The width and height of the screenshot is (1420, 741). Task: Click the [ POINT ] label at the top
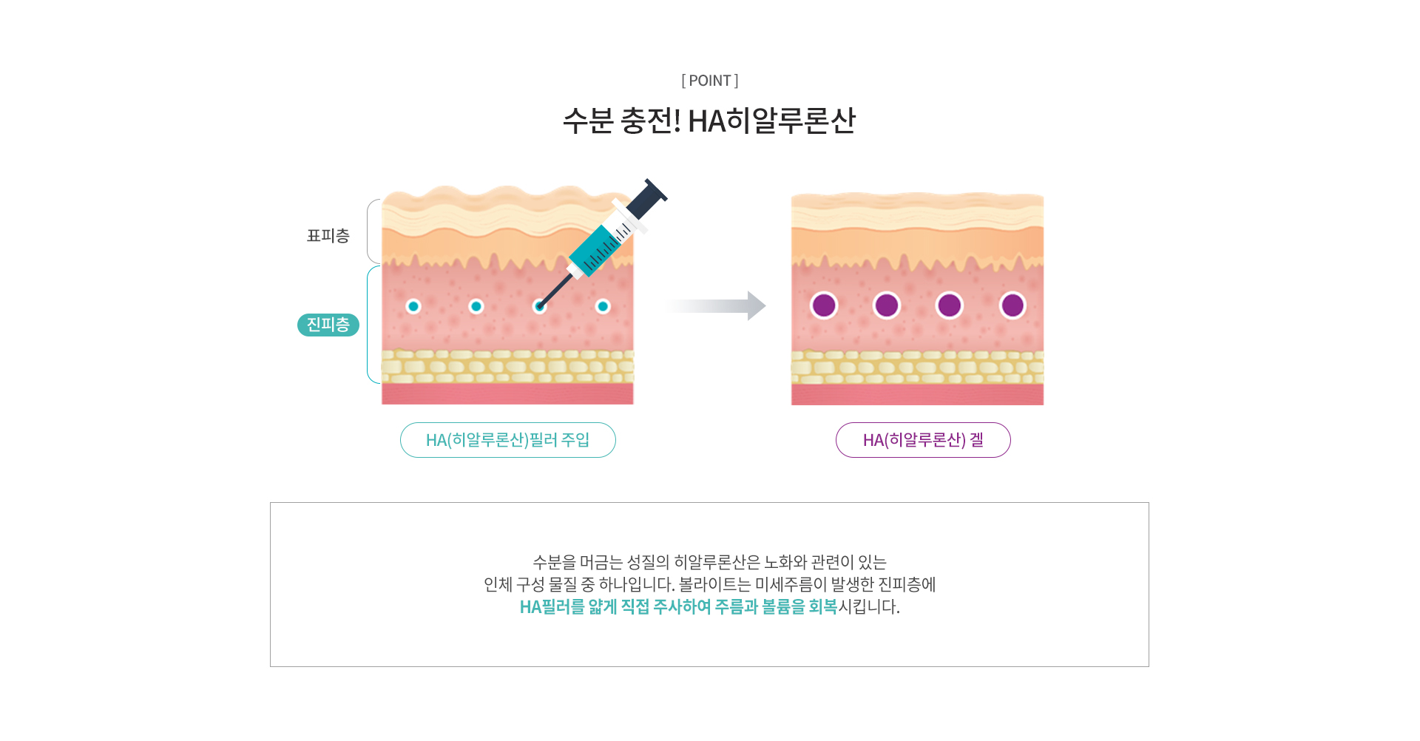coord(710,81)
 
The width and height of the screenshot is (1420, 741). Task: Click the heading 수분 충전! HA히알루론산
coord(709,121)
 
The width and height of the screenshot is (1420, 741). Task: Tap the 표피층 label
coord(328,236)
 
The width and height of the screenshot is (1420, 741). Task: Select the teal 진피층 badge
coord(328,325)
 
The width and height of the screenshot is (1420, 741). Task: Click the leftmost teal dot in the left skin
coord(413,306)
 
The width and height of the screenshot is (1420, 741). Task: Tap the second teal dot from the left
coord(476,306)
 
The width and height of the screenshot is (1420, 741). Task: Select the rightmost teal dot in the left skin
coord(603,306)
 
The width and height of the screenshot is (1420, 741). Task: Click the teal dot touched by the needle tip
coord(540,306)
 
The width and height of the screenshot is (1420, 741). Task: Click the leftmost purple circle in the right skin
coord(824,305)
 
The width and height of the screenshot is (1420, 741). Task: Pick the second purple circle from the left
coord(887,305)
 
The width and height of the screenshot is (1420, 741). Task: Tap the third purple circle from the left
coord(950,305)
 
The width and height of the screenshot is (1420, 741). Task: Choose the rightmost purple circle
coord(1012,305)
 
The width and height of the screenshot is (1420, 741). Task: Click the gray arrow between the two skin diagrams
coord(714,305)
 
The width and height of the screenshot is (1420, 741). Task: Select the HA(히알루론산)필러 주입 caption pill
coord(508,440)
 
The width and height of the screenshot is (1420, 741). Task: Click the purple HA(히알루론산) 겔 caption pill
coord(923,440)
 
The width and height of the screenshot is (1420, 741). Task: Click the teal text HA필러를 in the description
coord(552,606)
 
